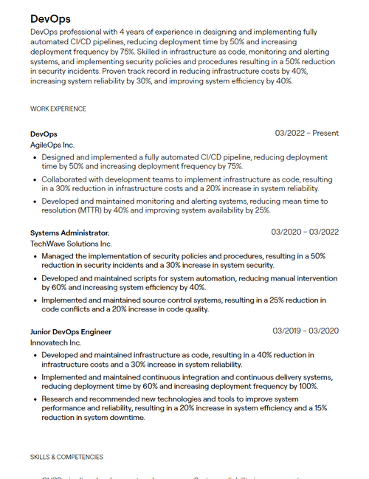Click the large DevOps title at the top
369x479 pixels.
click(x=51, y=18)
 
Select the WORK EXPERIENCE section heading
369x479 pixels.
click(x=58, y=109)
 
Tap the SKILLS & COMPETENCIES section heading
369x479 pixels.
click(x=67, y=457)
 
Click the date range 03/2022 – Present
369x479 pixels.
click(x=307, y=134)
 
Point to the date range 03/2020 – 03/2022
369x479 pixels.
click(x=305, y=232)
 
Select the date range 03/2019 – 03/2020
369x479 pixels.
click(x=306, y=331)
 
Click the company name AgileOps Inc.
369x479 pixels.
click(x=52, y=145)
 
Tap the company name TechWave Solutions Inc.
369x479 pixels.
click(x=71, y=244)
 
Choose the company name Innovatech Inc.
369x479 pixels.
click(x=55, y=342)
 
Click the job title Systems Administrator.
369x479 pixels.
click(x=69, y=232)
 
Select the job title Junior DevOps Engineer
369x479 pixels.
click(x=71, y=331)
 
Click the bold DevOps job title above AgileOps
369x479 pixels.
click(x=44, y=134)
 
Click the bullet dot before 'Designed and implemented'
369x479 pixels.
click(x=35, y=158)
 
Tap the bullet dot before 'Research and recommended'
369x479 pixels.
click(x=35, y=399)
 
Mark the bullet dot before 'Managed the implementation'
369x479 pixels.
click(x=35, y=256)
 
